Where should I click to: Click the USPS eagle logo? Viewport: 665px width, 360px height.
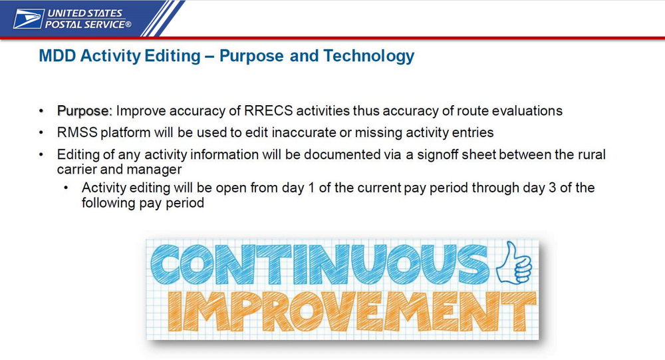[29, 19]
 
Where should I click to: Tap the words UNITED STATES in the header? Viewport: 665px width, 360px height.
[85, 13]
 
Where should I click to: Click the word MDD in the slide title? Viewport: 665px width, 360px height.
[58, 56]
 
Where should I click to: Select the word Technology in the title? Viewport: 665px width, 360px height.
[368, 56]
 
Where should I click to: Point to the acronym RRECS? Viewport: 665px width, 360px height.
[269, 111]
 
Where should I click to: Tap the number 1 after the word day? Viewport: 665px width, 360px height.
[311, 188]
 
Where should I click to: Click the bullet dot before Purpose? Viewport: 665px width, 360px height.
[41, 111]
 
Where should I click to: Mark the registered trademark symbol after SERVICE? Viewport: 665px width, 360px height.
[128, 25]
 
